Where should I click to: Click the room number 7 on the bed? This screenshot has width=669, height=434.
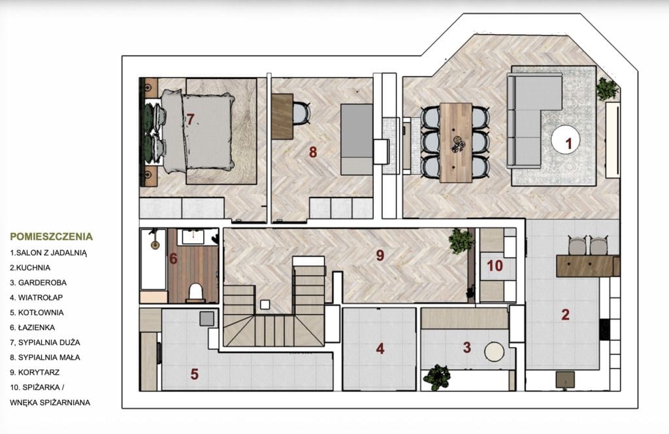coord(190,119)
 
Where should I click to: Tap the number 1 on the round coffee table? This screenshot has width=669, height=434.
coord(568,143)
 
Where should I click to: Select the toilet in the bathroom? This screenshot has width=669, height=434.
coord(195,292)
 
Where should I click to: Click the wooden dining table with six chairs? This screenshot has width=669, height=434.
coord(455,142)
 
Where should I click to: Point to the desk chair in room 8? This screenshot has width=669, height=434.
coord(302,114)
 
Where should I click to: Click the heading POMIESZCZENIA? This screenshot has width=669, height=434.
coord(51,237)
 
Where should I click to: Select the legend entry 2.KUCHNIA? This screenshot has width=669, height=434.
coord(30,267)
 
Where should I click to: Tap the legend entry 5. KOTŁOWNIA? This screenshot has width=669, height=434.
coord(37,312)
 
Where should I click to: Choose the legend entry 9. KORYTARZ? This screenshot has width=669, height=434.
coord(35,372)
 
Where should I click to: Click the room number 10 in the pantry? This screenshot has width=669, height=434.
coord(495,266)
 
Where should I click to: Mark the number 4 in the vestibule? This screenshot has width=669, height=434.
coord(380,348)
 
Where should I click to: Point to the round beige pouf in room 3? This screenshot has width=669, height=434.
coord(494,352)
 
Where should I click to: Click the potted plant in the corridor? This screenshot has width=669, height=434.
coord(461,241)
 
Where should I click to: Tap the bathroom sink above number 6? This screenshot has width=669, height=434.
coord(193,237)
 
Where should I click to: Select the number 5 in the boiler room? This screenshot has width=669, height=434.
coord(195,375)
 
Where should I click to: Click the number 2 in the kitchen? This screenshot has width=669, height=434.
coord(565,314)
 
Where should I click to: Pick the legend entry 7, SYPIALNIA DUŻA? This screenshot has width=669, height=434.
coord(45,342)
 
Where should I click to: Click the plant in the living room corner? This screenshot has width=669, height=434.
coord(606,89)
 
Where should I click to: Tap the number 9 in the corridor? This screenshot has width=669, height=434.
coord(380,255)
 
